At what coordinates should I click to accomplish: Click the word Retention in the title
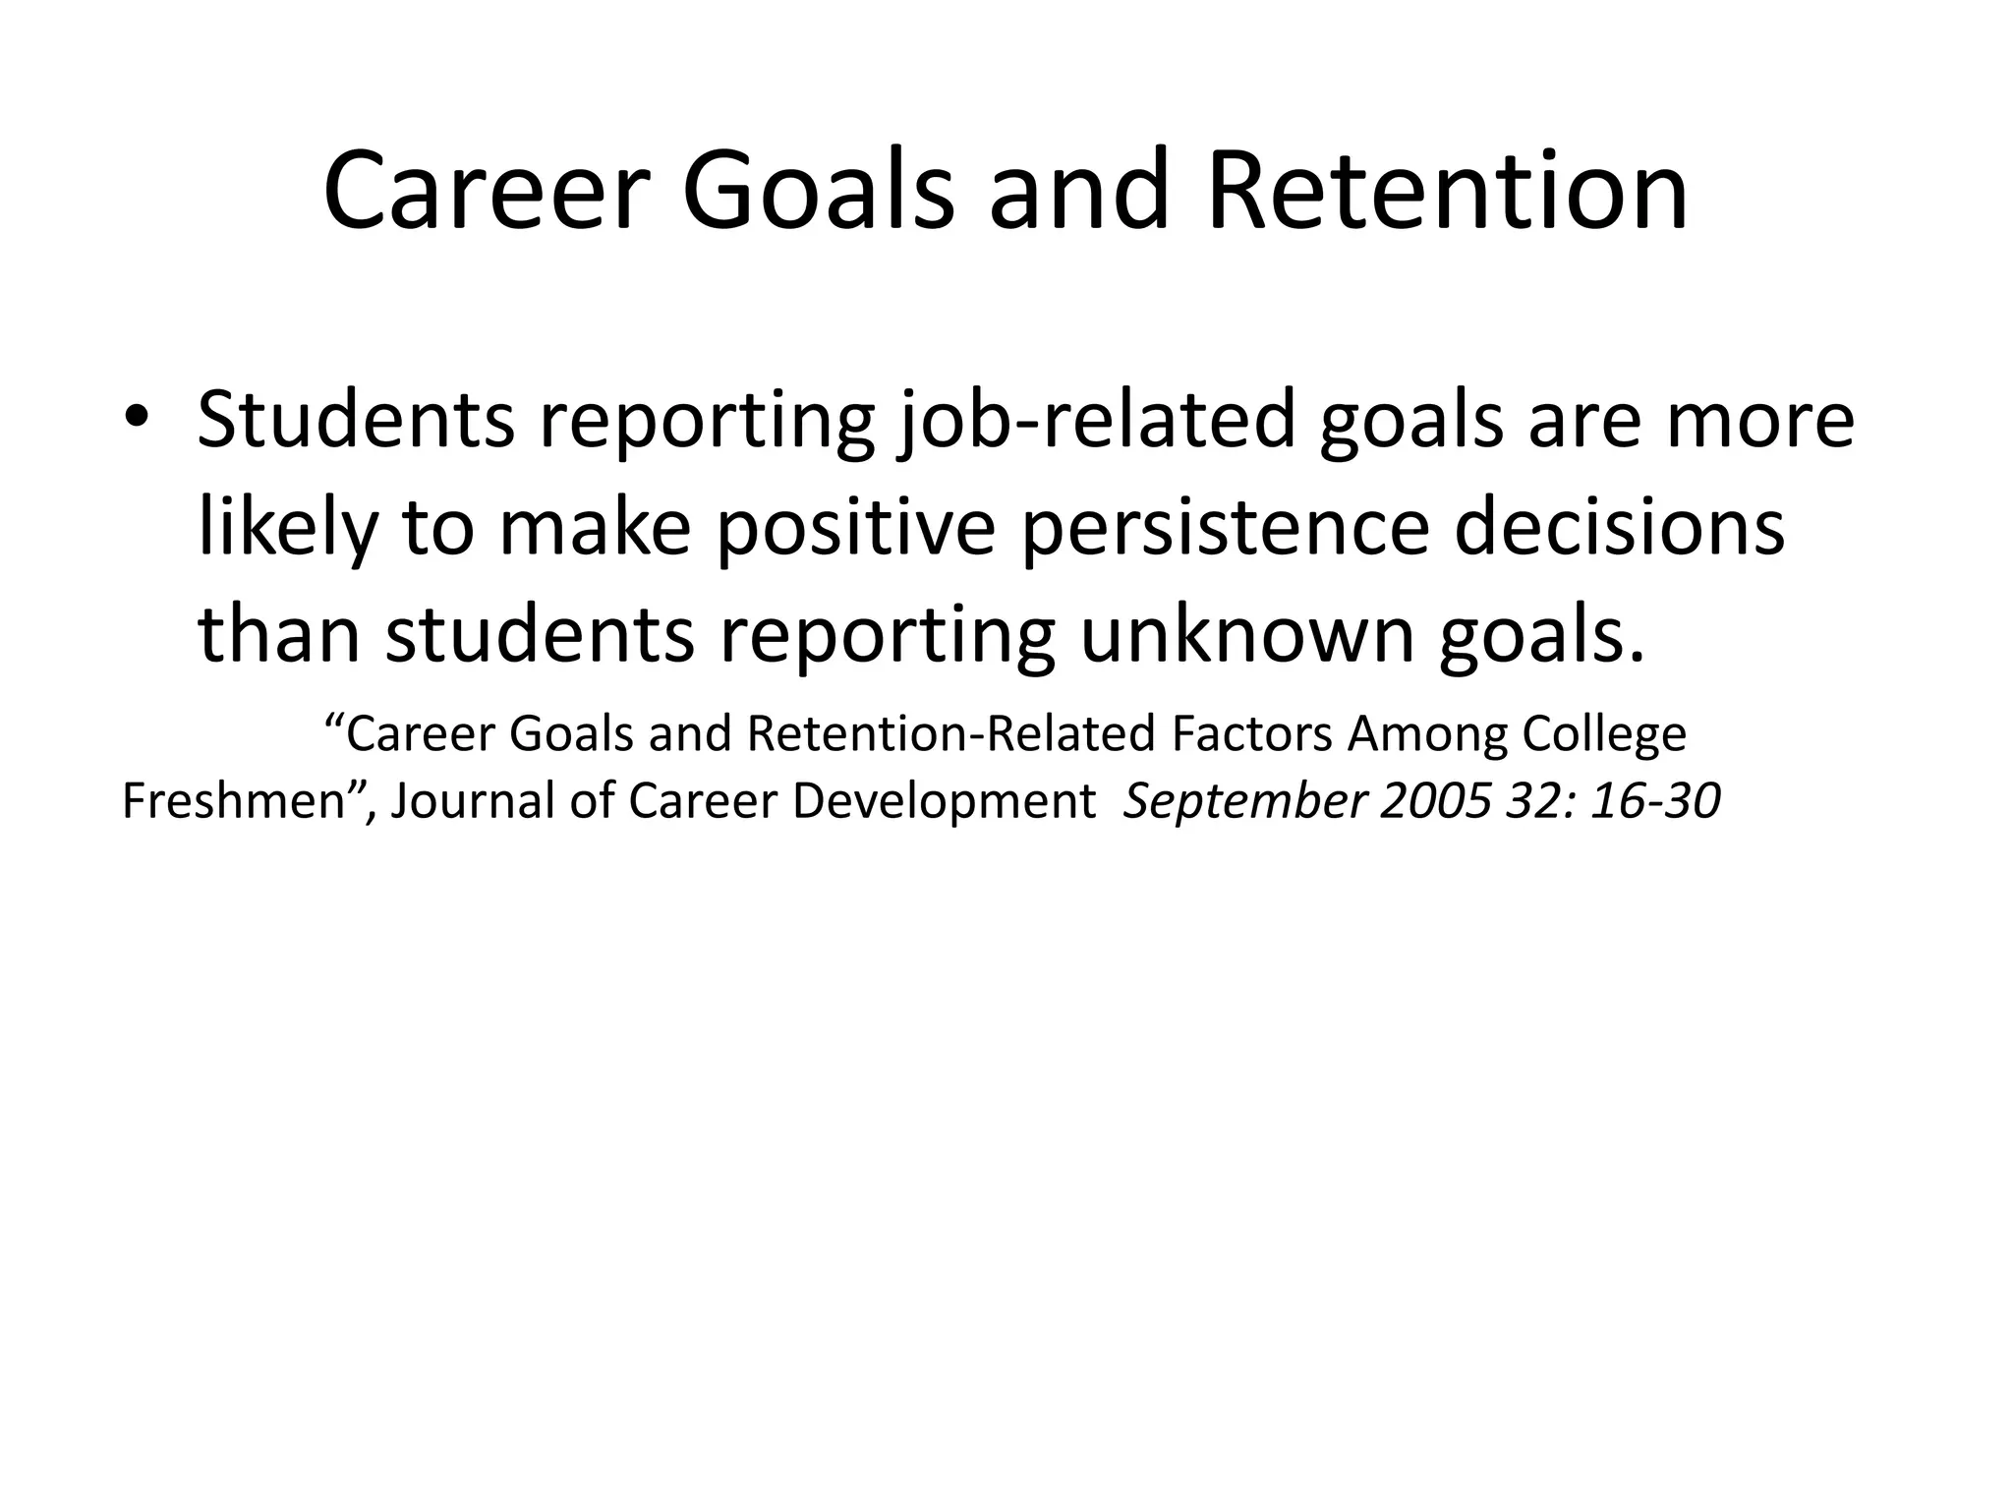[x=1447, y=192]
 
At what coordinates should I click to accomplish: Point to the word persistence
[x=1225, y=529]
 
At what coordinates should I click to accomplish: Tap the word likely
[x=287, y=529]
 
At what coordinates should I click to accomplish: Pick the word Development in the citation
[x=943, y=802]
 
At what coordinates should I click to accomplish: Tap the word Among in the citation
[x=1426, y=734]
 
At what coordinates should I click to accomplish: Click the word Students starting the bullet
[x=355, y=421]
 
